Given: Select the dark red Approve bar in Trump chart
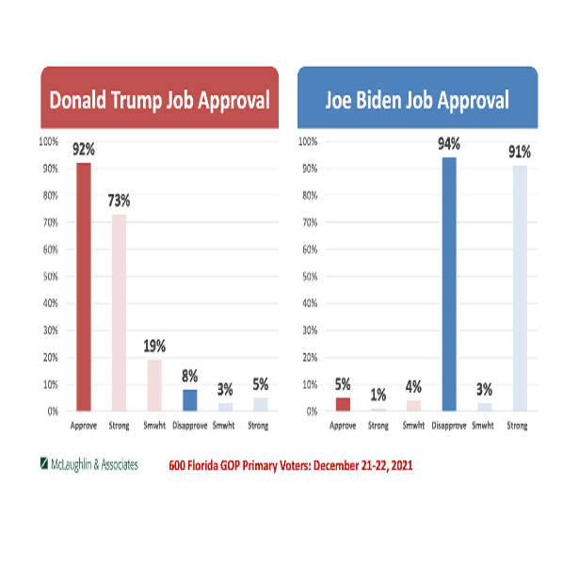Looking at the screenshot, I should click(x=84, y=286).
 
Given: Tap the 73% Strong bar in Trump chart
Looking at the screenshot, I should click(x=119, y=312).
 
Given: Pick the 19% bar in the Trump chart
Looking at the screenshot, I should click(x=154, y=385).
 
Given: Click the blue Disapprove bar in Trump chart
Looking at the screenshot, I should click(x=189, y=400).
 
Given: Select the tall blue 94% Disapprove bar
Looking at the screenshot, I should click(x=449, y=283).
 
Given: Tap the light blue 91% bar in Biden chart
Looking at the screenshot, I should click(x=520, y=287).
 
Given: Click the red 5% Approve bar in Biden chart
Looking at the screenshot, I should click(x=343, y=404).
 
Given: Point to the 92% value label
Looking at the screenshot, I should click(x=84, y=149).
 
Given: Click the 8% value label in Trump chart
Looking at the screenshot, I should click(x=189, y=376).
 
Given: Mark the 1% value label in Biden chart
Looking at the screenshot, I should click(x=378, y=395).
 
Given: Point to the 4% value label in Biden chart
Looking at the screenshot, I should click(x=413, y=386).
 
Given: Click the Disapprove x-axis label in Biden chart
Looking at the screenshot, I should click(x=449, y=426).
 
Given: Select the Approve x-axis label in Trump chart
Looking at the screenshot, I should click(x=84, y=426).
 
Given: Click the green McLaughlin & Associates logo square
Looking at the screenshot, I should click(x=44, y=464).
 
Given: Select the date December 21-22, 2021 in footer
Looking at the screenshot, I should click(x=362, y=465).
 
